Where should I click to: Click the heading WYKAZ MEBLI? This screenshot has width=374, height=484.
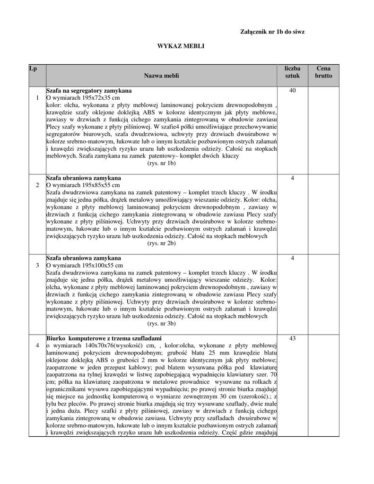(181, 47)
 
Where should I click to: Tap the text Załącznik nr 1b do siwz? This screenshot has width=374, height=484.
(272, 32)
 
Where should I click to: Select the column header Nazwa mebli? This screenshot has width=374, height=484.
(162, 76)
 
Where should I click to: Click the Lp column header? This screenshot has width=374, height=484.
(33, 69)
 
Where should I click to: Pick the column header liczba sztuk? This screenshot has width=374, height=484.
(292, 72)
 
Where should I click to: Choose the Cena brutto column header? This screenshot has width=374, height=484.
(323, 72)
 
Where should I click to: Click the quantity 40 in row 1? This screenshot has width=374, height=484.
(292, 90)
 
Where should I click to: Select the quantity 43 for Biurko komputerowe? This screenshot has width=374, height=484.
(292, 338)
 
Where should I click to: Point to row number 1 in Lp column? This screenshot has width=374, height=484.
(37, 97)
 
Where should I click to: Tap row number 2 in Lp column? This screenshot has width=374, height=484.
(37, 185)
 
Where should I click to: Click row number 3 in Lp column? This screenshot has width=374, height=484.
(37, 265)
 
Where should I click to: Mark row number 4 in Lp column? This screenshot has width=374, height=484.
(37, 346)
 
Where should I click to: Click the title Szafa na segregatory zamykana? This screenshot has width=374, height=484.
(89, 90)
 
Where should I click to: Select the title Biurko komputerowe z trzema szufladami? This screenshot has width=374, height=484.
(104, 338)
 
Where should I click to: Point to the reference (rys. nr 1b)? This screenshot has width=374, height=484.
(162, 163)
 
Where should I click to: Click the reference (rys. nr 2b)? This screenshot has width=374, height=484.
(162, 243)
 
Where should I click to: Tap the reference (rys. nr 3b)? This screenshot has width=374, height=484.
(162, 323)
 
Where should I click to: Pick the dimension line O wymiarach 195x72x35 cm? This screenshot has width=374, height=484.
(83, 97)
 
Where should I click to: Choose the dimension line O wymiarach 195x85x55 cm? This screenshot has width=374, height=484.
(83, 185)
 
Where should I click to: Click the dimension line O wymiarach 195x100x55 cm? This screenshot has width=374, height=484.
(85, 265)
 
